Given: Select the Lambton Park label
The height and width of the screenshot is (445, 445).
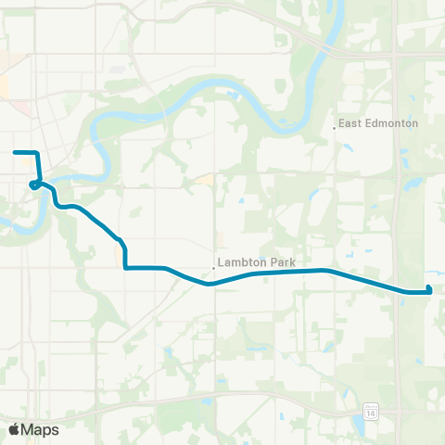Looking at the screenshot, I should pos(258,263).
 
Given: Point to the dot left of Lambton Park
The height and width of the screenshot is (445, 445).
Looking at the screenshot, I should pos(214,268).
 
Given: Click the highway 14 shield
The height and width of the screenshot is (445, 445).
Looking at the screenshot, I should pos(371,409).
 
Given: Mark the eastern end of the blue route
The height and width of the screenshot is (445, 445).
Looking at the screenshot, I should pos(431,291).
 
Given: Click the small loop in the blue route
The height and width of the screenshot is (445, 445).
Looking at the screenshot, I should pos(34,184).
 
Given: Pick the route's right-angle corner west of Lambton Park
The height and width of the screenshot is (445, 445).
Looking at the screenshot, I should pos(125,268).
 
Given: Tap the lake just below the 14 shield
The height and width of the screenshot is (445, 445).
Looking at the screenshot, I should pos(358,426).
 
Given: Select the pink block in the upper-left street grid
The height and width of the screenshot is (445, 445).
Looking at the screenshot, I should pos(20,108).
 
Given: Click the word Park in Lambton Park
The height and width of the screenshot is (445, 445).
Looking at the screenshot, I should pos(282,263).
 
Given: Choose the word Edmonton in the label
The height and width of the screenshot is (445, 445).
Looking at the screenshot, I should pos(393,123).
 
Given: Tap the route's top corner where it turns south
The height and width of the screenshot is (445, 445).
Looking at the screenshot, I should pos(36,152).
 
